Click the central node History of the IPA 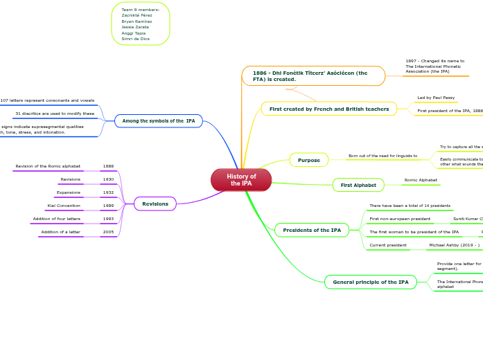click(x=241, y=180)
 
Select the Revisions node click(x=155, y=204)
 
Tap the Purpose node click(x=309, y=160)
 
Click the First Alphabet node click(x=358, y=185)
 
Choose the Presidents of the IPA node click(x=312, y=230)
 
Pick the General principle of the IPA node click(x=371, y=282)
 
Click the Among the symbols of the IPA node click(x=159, y=121)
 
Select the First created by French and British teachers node click(x=329, y=109)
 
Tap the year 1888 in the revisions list click(x=108, y=166)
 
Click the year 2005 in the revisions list click(x=108, y=232)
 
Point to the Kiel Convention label click(x=64, y=206)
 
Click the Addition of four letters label click(x=57, y=219)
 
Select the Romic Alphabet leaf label click(x=421, y=180)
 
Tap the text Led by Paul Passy click(x=435, y=98)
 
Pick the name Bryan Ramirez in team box click(x=137, y=21)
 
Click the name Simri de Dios click(x=135, y=39)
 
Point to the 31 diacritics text click(x=55, y=114)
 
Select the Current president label click(x=388, y=245)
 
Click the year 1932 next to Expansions click(x=108, y=192)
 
